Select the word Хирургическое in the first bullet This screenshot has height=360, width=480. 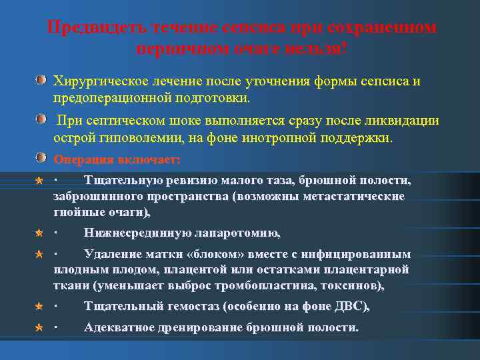pos(96,81)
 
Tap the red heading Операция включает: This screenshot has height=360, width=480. pos(117,159)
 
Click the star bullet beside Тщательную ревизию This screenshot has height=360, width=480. pos(41,181)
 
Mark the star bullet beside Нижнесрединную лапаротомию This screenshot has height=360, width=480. pos(41,233)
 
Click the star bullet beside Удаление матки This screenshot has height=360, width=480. pos(41,255)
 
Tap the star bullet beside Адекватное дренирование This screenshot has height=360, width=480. pos(41,328)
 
